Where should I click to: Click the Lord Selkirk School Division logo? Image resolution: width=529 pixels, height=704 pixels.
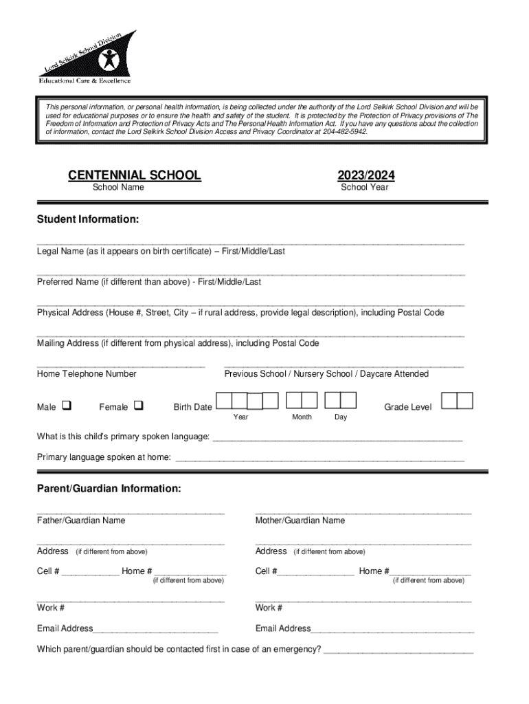pyautogui.click(x=87, y=57)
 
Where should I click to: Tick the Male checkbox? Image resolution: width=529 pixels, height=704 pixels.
pyautogui.click(x=67, y=406)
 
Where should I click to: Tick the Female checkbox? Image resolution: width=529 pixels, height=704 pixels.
pyautogui.click(x=138, y=406)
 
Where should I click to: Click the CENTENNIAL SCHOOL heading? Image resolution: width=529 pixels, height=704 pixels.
pyautogui.click(x=135, y=175)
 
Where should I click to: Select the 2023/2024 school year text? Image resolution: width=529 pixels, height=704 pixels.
pyautogui.click(x=365, y=175)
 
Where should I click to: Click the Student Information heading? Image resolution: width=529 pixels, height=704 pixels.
pyautogui.click(x=88, y=219)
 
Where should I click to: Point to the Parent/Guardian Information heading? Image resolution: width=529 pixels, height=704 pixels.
pyautogui.click(x=109, y=489)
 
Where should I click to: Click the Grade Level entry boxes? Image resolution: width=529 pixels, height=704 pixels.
pyautogui.click(x=456, y=401)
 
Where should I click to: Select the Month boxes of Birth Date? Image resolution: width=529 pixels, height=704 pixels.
pyautogui.click(x=302, y=401)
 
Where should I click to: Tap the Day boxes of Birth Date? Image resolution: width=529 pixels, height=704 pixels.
pyautogui.click(x=340, y=401)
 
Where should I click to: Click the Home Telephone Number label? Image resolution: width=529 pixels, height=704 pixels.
pyautogui.click(x=87, y=374)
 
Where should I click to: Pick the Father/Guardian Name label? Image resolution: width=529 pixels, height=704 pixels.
pyautogui.click(x=81, y=520)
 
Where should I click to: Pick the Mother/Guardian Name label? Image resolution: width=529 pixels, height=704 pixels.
pyautogui.click(x=300, y=520)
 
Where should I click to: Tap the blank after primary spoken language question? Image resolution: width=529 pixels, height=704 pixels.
pyautogui.click(x=337, y=439)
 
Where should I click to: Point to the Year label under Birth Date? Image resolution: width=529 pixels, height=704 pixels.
pyautogui.click(x=240, y=417)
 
